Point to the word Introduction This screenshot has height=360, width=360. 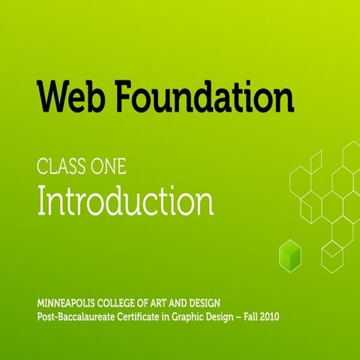(125, 201)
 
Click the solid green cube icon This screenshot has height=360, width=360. (289, 254)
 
